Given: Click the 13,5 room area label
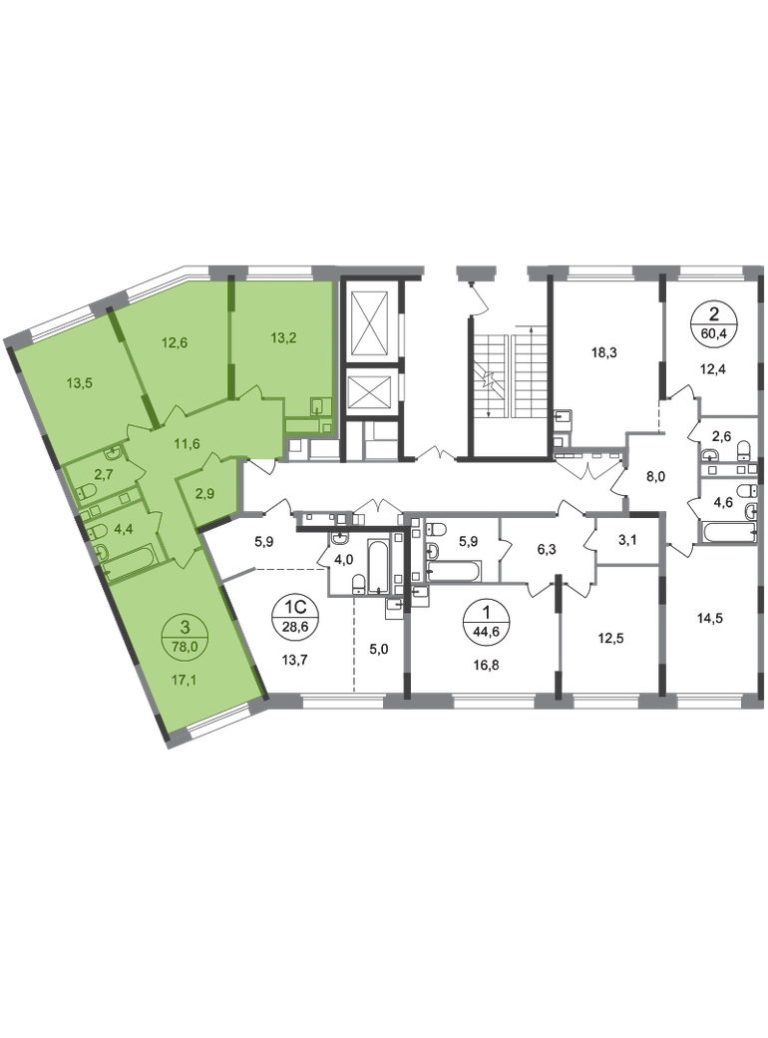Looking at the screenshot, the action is point(79,382).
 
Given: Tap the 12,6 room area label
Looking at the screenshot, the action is point(175,342).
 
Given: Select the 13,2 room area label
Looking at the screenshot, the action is point(283,337).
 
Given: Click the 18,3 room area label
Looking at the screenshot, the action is point(604,353).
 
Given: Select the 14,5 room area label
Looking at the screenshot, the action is point(710,619).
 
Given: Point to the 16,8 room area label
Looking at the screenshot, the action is point(486,666).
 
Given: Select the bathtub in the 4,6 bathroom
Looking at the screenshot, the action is point(729,532).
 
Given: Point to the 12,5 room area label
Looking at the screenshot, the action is point(611,639).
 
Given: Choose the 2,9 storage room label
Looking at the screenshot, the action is point(205,494).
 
